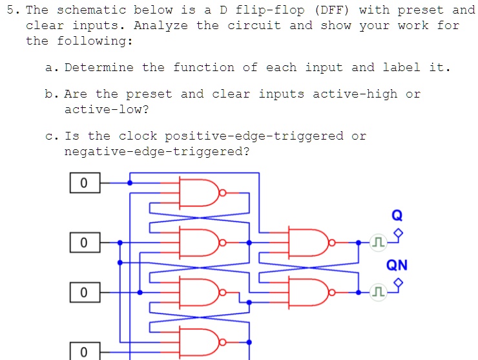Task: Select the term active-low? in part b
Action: [x=107, y=110]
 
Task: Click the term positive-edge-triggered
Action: [x=254, y=136]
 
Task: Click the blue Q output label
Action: [x=397, y=215]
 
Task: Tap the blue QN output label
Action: [x=397, y=265]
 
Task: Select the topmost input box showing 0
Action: [x=84, y=184]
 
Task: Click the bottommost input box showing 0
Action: [x=84, y=352]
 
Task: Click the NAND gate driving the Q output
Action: [x=313, y=243]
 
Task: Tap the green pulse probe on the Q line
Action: [x=378, y=243]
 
